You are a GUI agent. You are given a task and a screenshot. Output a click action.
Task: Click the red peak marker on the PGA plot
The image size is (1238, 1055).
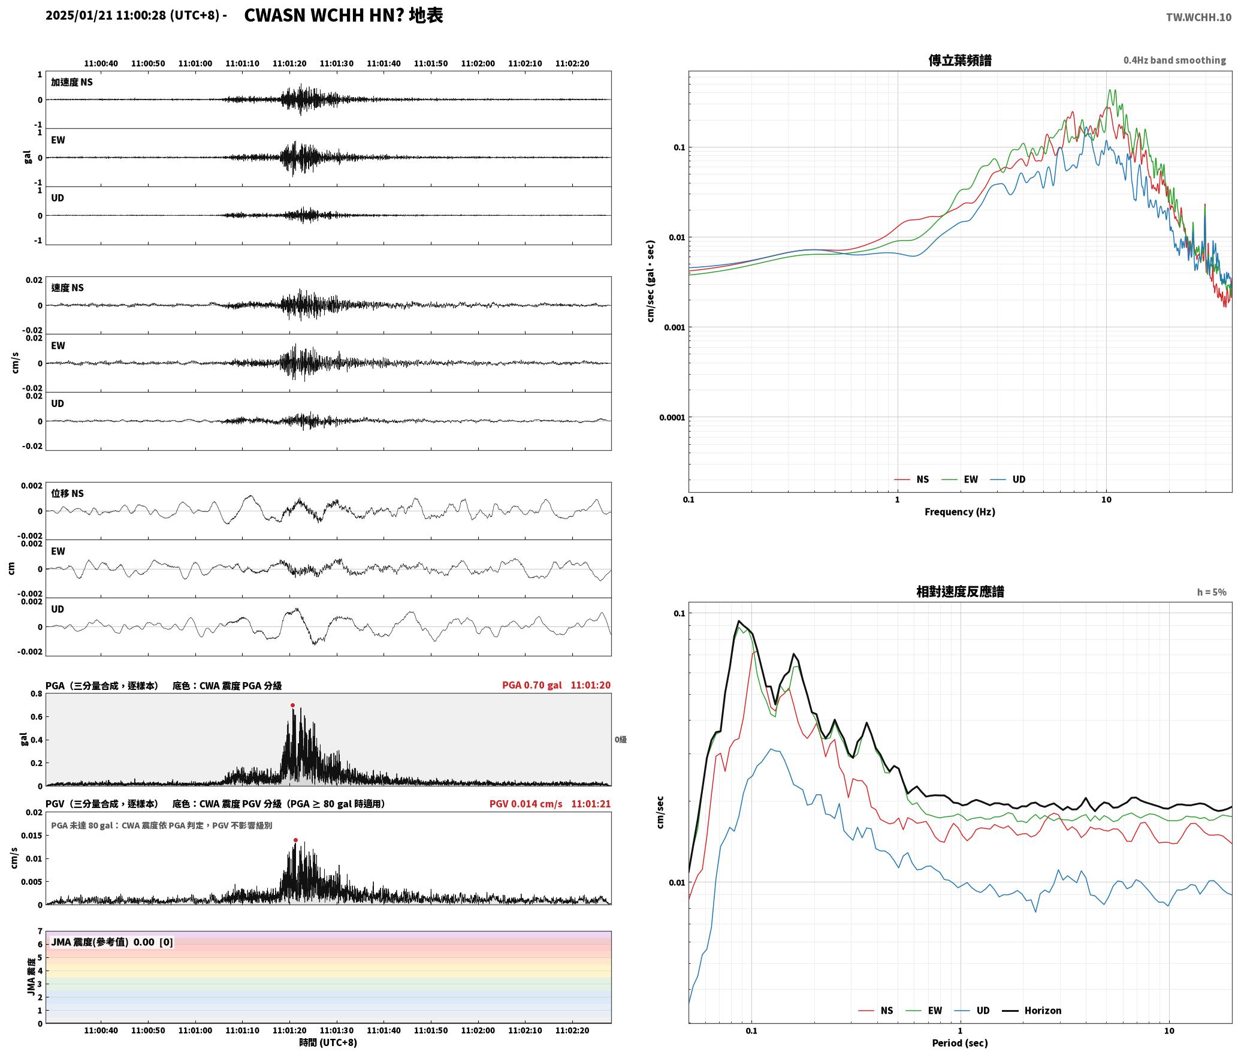(x=292, y=705)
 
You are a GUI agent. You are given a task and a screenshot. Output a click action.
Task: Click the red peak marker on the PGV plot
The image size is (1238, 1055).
(x=295, y=840)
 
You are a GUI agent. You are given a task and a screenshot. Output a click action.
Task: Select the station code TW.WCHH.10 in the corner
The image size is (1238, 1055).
(x=1198, y=17)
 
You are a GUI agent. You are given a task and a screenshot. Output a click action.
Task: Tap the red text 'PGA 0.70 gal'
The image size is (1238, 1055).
(x=532, y=685)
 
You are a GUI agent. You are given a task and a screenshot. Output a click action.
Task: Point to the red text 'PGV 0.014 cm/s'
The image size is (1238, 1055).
(x=526, y=803)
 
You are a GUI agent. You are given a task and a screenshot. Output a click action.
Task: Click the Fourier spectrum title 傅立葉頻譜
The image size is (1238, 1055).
(x=959, y=60)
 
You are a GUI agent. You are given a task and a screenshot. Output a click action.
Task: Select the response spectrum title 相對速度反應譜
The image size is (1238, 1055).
(x=960, y=591)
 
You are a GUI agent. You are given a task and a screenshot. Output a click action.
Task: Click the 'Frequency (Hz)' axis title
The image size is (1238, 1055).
(x=959, y=511)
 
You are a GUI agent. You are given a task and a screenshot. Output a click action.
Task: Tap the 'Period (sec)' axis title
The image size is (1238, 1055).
(x=959, y=1042)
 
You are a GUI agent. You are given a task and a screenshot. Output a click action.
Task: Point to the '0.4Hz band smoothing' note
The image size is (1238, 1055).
(x=1174, y=60)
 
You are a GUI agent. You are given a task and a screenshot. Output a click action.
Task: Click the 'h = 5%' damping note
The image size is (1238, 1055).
(x=1212, y=592)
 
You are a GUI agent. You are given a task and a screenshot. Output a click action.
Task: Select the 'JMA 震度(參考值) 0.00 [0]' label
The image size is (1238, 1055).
(x=112, y=942)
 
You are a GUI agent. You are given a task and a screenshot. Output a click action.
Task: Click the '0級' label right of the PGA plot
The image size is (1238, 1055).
(x=620, y=739)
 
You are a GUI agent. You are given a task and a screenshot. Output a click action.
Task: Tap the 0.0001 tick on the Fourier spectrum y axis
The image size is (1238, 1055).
(x=671, y=417)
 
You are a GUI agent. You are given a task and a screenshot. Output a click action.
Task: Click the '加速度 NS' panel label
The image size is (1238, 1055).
(x=72, y=82)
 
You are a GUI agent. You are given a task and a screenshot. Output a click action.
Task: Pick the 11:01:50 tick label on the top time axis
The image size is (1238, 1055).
(x=431, y=63)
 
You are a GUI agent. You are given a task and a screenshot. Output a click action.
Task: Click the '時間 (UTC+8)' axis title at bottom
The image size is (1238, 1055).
(x=328, y=1042)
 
